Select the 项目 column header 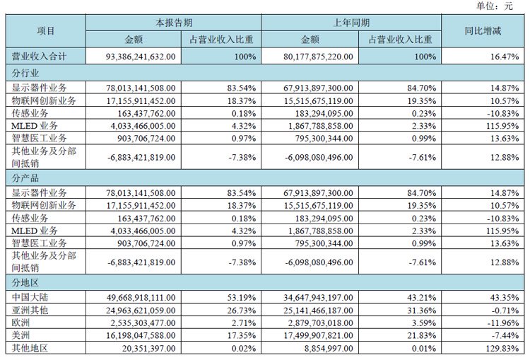45,30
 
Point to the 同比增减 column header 483,30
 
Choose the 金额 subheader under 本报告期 132,39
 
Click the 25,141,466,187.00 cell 307,310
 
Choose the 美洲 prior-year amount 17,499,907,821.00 307,334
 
